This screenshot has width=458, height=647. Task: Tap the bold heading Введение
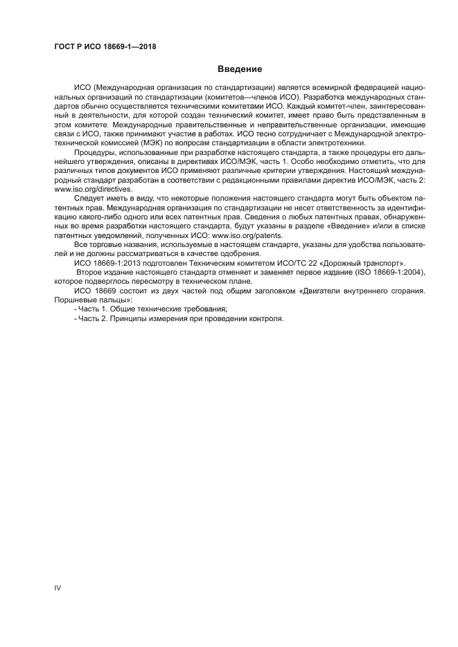[x=239, y=69]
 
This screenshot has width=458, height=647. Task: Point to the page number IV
[x=58, y=587]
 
